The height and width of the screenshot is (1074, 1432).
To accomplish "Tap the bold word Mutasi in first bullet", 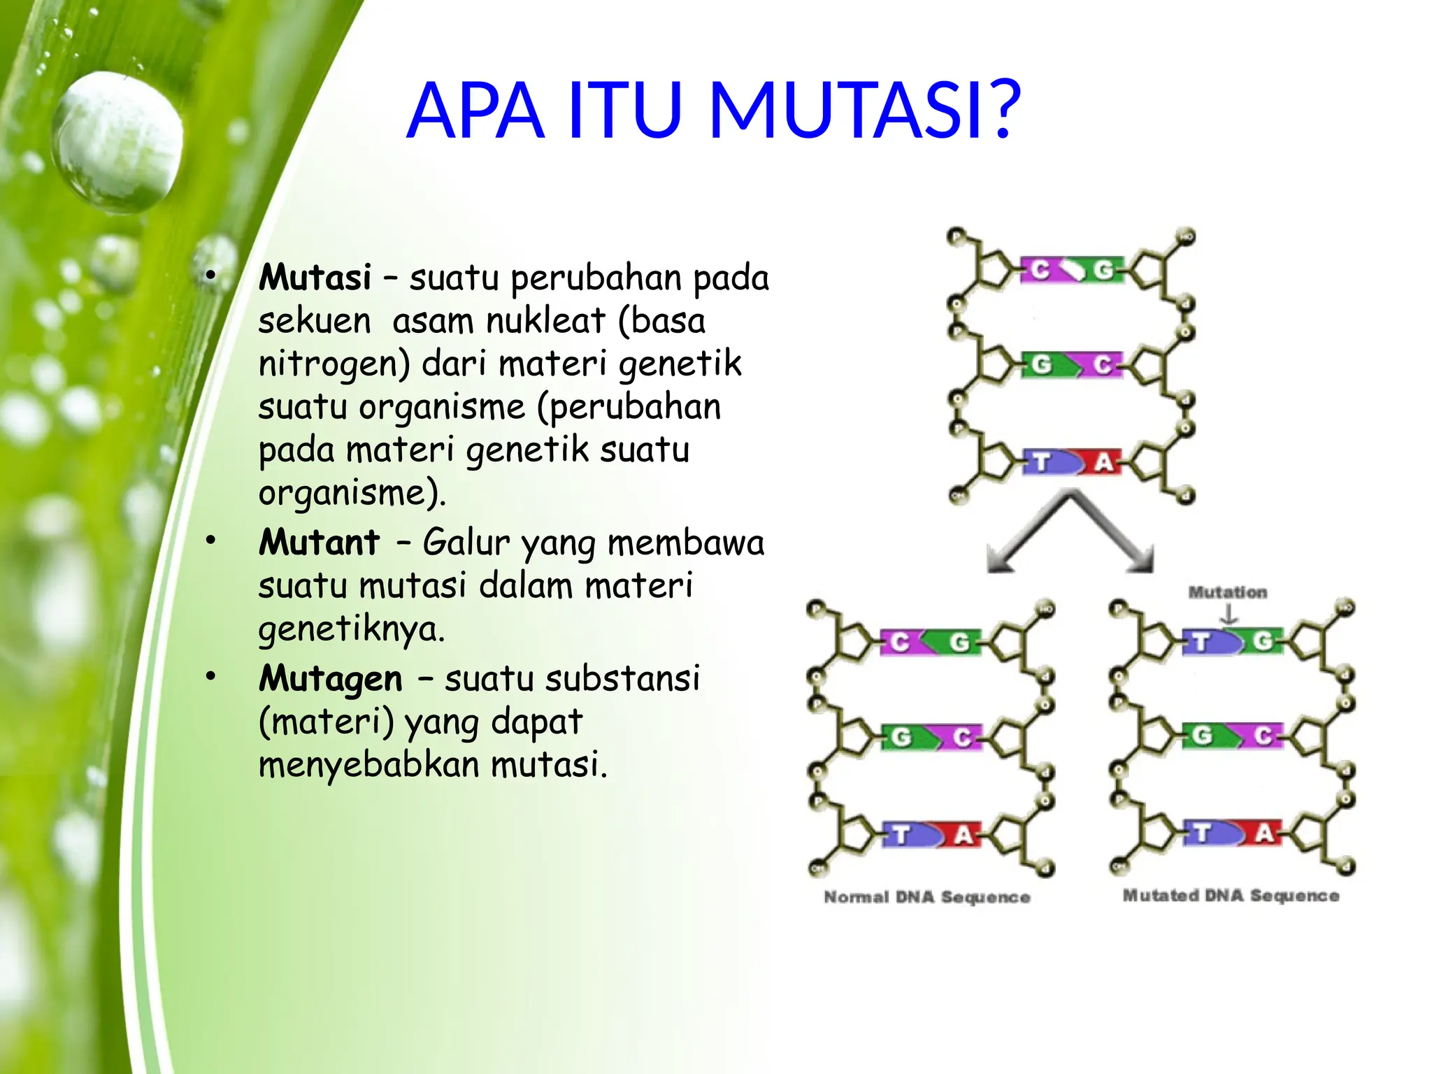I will point(315,278).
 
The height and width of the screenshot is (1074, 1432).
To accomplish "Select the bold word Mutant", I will point(319,543).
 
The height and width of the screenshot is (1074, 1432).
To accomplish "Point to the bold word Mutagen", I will point(331,679).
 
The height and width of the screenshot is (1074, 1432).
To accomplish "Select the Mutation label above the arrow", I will point(1228,592).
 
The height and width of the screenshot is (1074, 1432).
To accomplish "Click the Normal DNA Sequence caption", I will point(926,897).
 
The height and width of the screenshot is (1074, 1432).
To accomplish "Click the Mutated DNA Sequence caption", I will point(1231,896).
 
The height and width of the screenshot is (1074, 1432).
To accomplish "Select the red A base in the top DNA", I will point(1102,462).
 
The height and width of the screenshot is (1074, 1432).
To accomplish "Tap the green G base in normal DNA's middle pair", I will point(902,737).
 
